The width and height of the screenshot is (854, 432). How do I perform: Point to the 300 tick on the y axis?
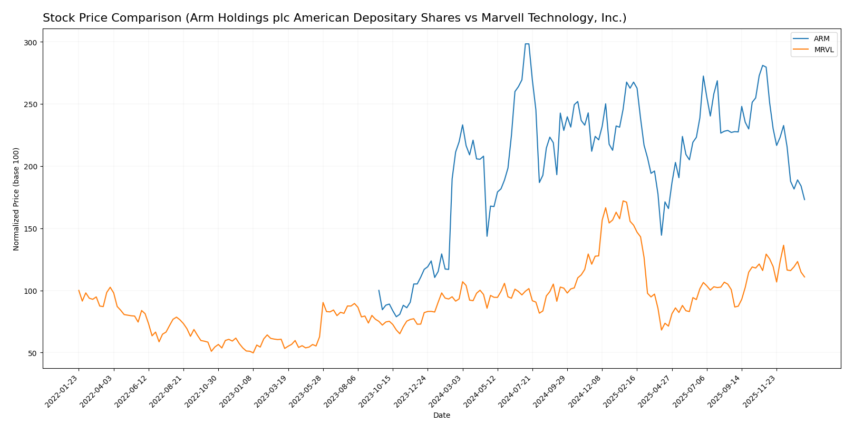point(33,42)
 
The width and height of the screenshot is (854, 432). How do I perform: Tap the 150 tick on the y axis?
point(33,229)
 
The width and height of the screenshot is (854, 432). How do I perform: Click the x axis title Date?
point(441,416)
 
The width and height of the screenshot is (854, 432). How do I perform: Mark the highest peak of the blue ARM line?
point(527,44)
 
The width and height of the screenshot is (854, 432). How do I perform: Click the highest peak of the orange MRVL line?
point(623,200)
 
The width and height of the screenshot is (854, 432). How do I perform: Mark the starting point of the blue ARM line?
point(379,290)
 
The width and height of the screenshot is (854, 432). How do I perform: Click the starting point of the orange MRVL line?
point(79,290)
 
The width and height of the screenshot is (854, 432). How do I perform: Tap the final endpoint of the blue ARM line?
point(804,199)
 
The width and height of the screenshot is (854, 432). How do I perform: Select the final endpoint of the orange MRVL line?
point(804,277)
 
